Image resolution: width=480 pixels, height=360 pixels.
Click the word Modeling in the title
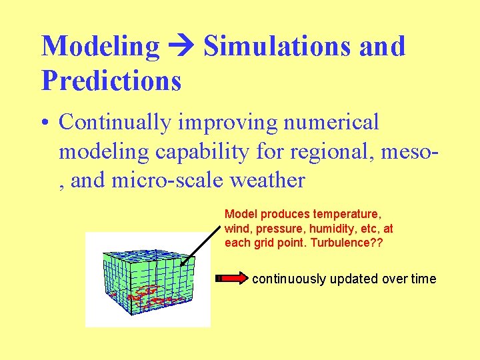(101, 47)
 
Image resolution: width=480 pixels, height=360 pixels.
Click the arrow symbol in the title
(181, 47)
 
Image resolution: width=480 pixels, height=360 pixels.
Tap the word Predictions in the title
(111, 81)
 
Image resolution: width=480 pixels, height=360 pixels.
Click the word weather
(267, 181)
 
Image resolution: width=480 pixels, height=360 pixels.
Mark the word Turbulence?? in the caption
(357, 243)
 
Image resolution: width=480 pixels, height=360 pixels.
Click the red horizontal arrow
(231, 279)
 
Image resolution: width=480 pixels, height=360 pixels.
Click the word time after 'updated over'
(423, 279)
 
